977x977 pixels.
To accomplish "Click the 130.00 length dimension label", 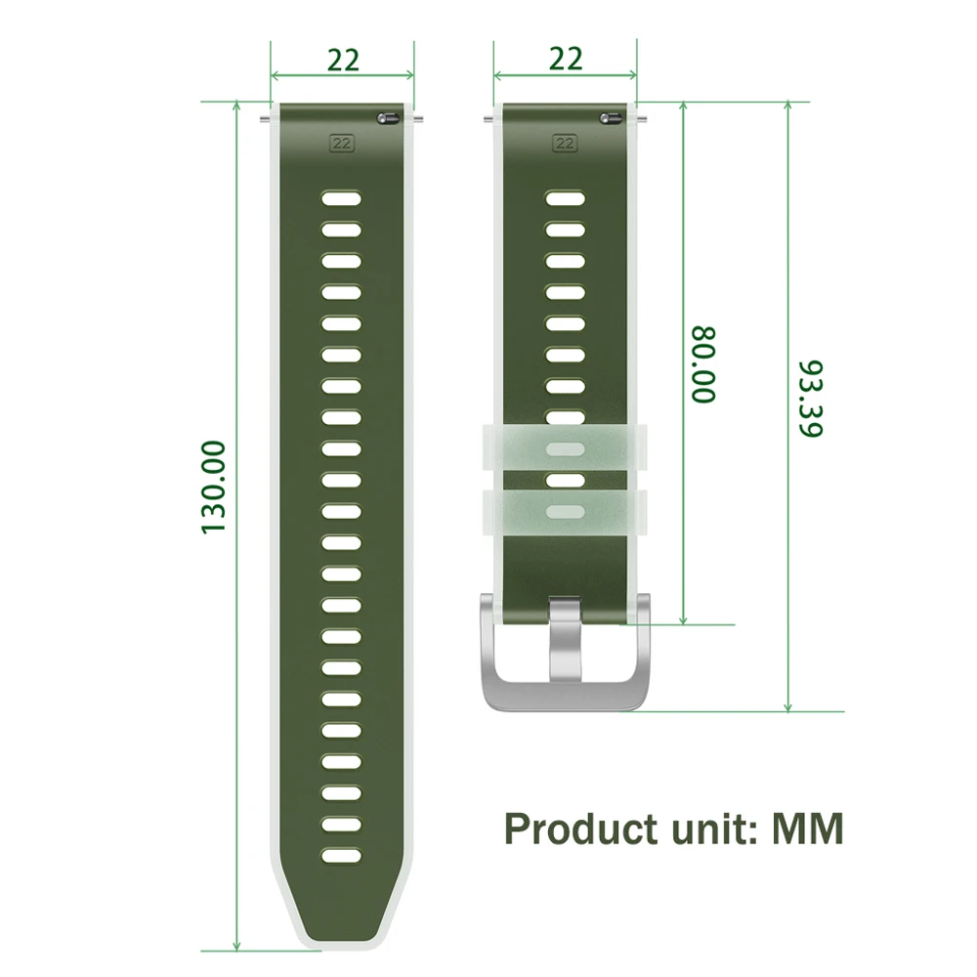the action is [x=213, y=487].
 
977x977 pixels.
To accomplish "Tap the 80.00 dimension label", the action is [x=703, y=363].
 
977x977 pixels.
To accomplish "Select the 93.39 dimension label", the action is [x=811, y=399].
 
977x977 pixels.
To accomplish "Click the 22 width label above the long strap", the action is [x=343, y=60].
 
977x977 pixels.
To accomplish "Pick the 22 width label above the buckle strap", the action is [x=566, y=59].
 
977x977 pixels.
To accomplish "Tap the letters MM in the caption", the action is [x=808, y=828].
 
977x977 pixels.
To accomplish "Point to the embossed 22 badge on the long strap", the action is [x=341, y=144].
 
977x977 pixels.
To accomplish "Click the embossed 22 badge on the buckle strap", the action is [x=565, y=144].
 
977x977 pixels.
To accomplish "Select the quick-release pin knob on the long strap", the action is [x=388, y=118].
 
